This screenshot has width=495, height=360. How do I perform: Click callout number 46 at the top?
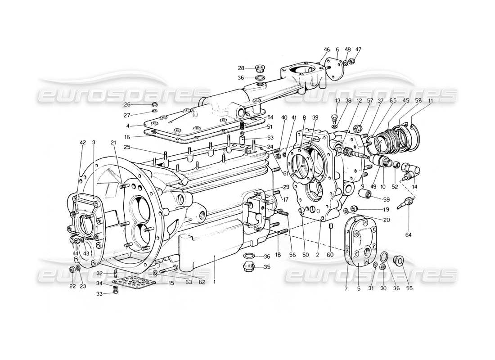327,49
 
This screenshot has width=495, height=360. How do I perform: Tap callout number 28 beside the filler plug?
241,68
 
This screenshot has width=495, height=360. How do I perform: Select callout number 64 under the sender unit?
409,235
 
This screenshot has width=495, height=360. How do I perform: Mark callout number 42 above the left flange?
83,143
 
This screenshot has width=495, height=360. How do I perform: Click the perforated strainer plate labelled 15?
134,283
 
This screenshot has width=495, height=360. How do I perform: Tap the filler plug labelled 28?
260,69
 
